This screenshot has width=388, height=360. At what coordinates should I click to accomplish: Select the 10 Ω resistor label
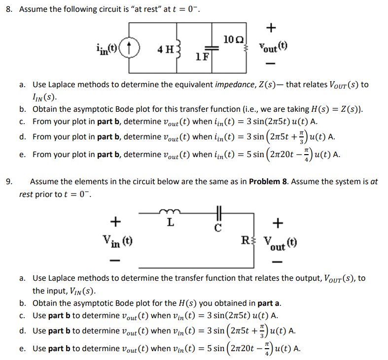pyautogui.click(x=232, y=38)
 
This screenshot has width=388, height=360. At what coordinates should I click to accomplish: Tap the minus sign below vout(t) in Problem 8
pyautogui.click(x=270, y=65)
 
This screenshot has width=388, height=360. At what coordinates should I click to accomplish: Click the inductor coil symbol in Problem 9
pyautogui.click(x=170, y=213)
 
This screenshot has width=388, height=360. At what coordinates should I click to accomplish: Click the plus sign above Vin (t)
pyautogui.click(x=115, y=222)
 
